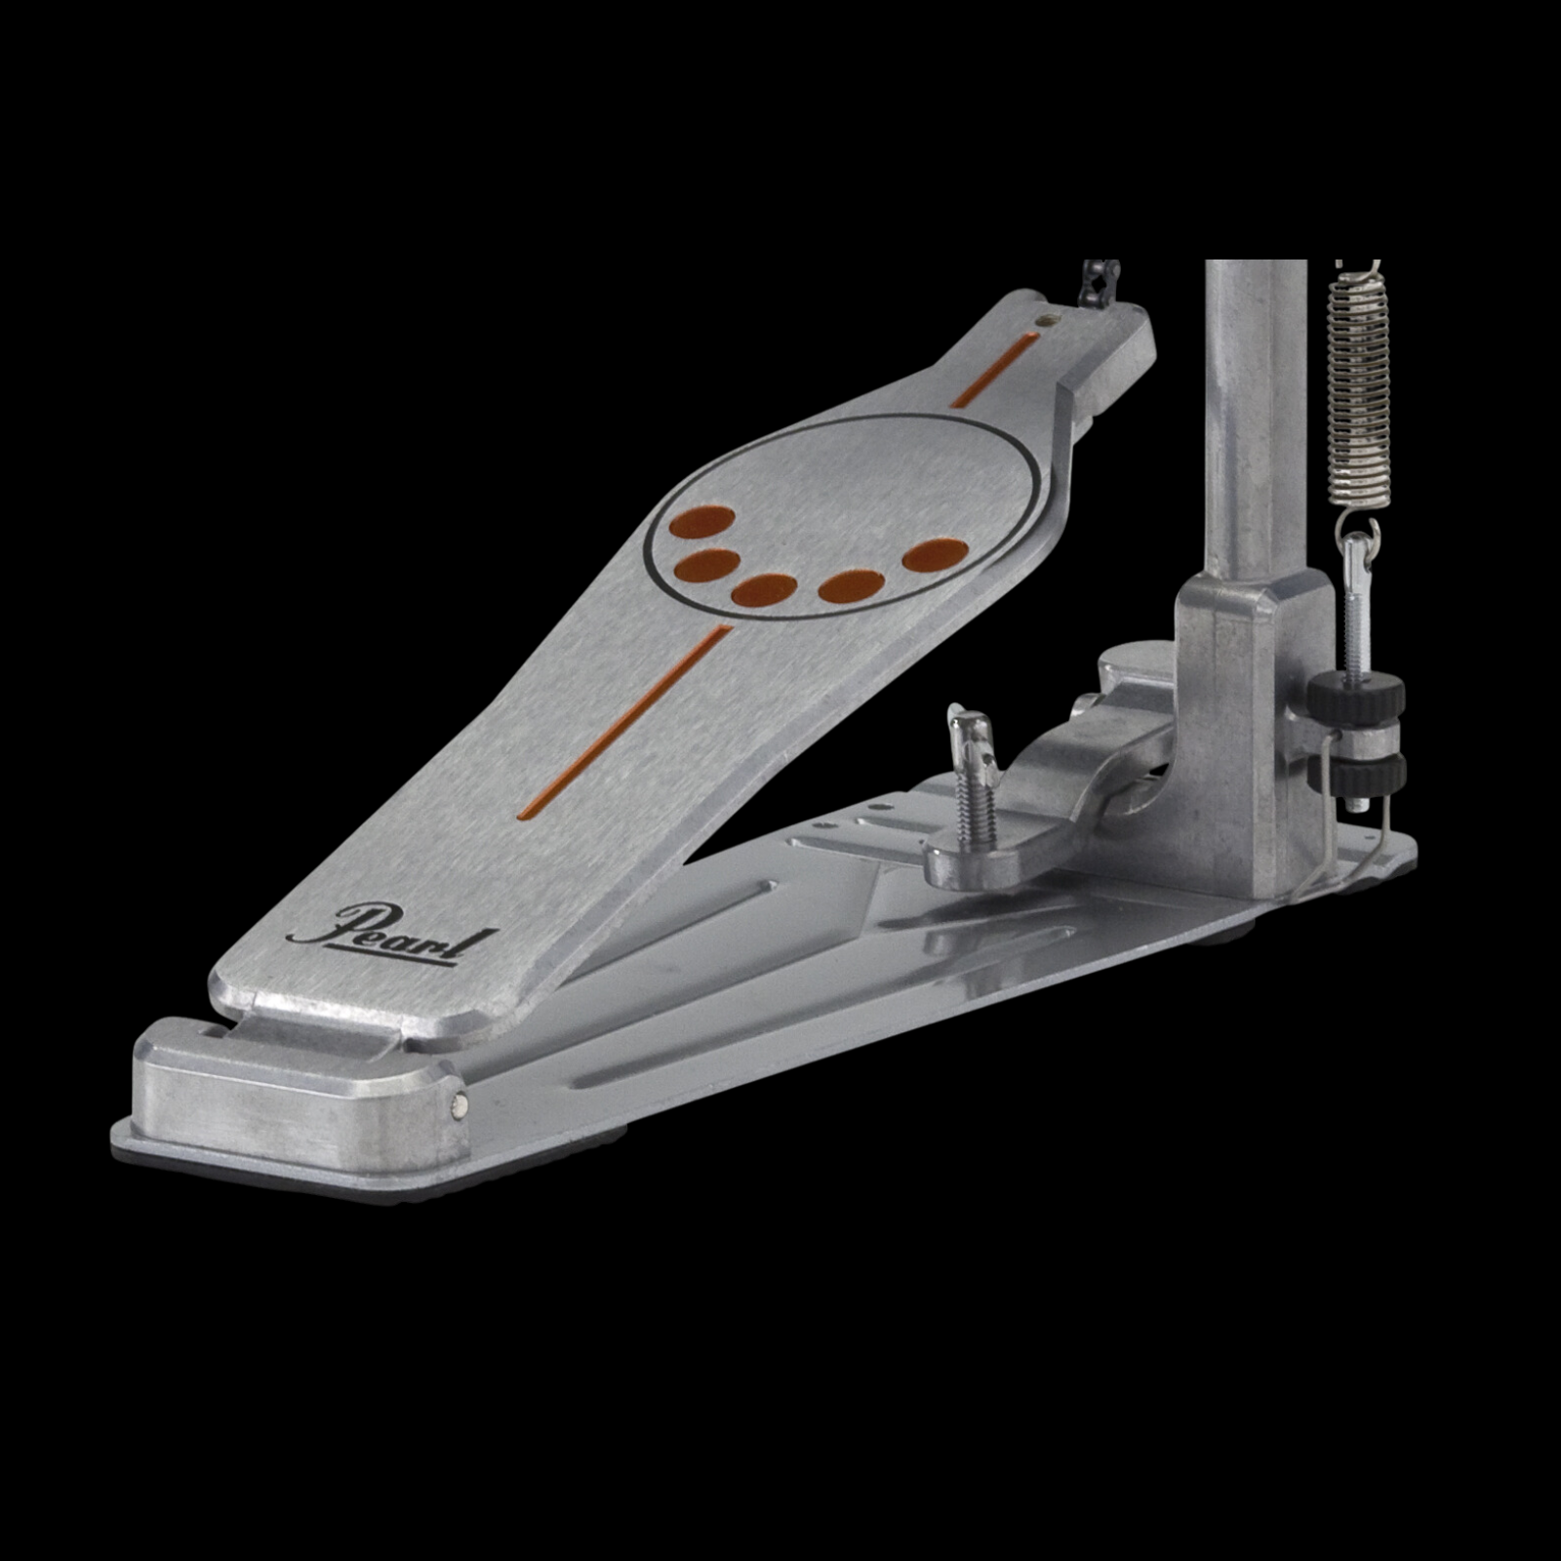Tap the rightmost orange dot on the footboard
935,554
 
